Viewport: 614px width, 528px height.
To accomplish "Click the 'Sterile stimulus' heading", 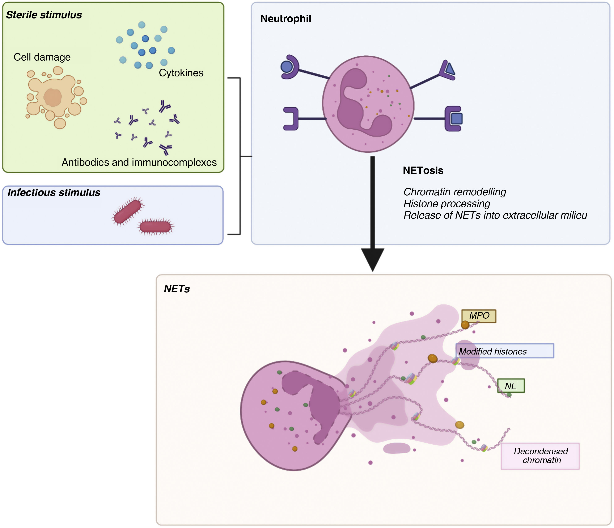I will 44,15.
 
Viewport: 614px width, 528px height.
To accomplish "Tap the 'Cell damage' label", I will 42,57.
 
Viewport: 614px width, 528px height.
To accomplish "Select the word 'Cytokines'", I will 181,73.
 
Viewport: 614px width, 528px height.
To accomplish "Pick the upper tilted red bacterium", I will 128,211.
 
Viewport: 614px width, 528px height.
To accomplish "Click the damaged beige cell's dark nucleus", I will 53,97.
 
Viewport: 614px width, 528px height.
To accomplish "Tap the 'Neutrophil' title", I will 286,19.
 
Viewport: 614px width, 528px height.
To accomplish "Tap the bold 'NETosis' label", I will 423,171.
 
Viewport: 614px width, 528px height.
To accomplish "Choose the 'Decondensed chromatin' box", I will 540,456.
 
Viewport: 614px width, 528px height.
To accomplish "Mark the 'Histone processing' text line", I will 446,204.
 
